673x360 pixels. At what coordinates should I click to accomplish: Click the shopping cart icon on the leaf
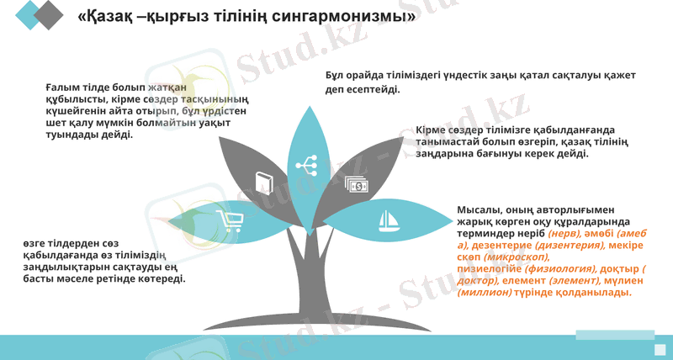[230, 221]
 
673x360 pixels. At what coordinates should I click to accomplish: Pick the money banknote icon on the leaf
[355, 183]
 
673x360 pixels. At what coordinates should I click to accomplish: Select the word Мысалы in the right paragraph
[478, 209]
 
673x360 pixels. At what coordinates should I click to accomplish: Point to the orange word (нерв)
[564, 233]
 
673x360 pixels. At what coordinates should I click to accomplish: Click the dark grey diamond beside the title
[49, 14]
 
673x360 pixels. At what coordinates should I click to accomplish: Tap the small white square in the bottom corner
[660, 349]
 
